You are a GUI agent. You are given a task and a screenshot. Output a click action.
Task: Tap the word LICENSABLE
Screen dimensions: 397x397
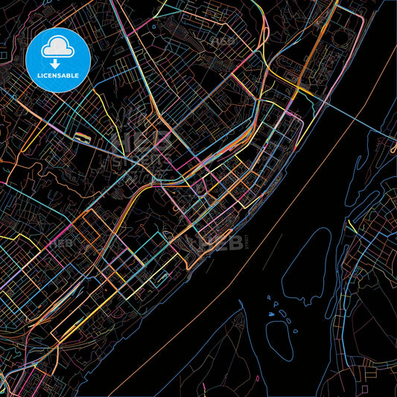[x=58, y=76]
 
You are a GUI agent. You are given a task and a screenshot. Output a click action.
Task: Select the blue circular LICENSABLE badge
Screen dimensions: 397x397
[x=58, y=60]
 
